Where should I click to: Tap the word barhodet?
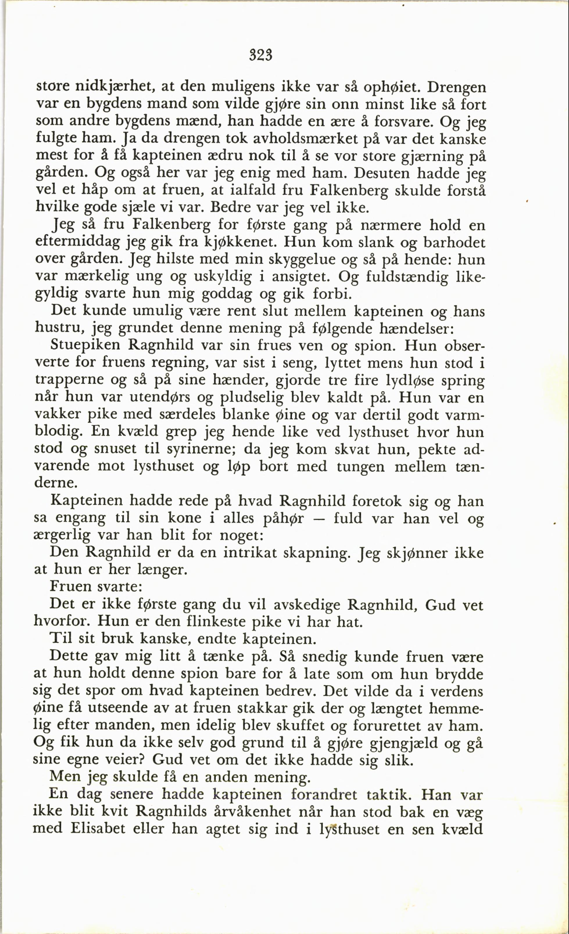pyautogui.click(x=454, y=243)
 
